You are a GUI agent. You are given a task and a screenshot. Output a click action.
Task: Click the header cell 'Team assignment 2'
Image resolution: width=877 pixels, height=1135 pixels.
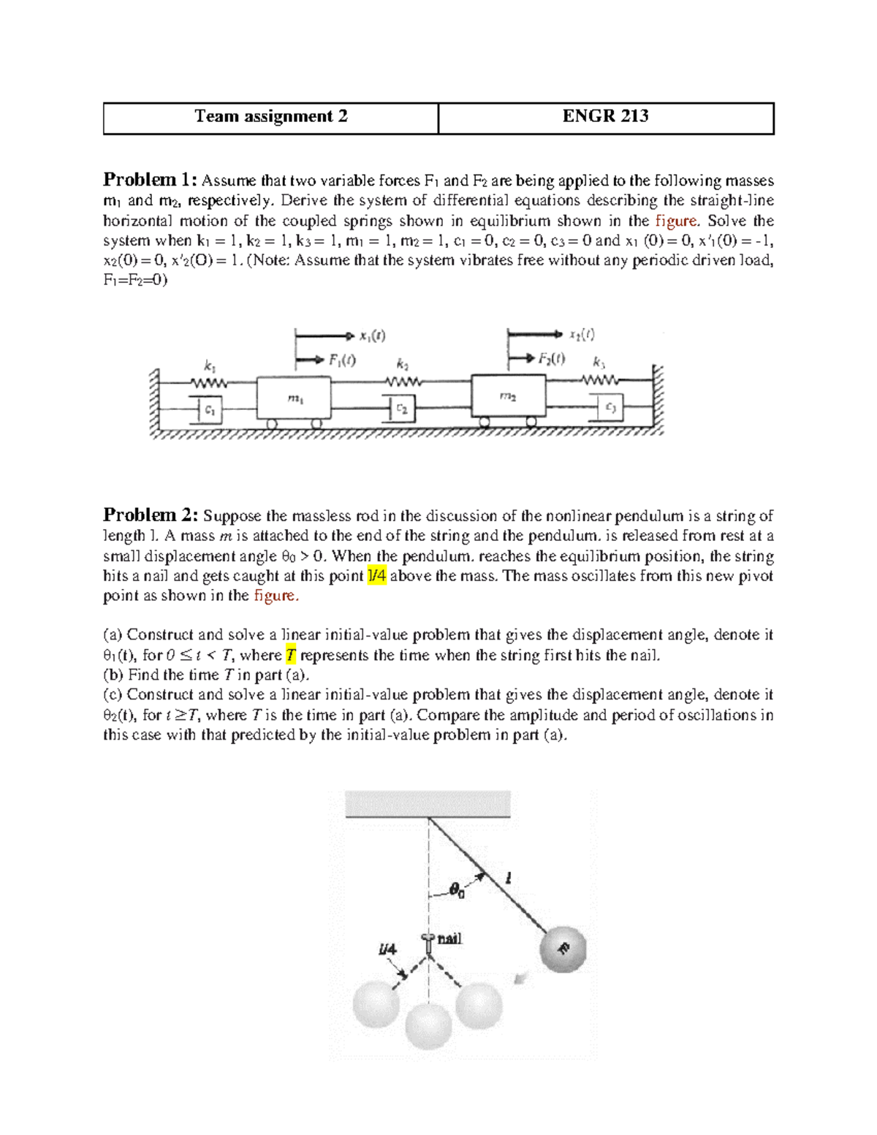(270, 117)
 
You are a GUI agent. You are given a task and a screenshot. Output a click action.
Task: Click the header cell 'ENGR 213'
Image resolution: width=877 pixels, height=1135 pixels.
(605, 117)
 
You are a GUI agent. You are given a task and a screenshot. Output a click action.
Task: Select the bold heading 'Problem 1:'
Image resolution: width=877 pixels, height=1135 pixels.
(150, 180)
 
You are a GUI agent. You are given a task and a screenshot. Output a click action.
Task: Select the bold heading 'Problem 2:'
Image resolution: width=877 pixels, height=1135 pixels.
(150, 515)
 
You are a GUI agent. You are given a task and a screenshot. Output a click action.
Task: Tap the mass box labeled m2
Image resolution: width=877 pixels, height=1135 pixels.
(508, 396)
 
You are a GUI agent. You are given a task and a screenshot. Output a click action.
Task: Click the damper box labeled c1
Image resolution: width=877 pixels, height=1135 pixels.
(209, 410)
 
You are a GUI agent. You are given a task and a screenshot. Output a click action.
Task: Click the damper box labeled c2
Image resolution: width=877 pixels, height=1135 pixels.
(401, 410)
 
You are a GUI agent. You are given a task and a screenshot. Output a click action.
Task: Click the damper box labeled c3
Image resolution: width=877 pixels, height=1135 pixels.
(610, 408)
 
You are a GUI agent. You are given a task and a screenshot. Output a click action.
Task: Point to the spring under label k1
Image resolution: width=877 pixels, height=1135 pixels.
(210, 382)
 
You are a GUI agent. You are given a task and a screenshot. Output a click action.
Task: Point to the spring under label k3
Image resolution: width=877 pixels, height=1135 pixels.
(600, 379)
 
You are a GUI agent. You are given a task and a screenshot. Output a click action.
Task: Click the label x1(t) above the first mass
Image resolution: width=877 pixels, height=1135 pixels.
(372, 336)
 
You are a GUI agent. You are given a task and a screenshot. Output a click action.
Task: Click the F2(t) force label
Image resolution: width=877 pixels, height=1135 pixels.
(552, 358)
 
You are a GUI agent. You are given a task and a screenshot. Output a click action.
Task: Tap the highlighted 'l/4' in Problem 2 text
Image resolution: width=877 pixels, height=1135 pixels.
(376, 576)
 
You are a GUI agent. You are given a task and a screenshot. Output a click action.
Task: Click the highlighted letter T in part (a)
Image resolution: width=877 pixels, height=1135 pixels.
(291, 656)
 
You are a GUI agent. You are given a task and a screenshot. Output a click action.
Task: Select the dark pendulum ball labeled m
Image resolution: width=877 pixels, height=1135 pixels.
(563, 950)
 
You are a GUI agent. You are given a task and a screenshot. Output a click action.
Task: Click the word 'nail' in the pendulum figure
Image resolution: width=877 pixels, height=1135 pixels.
(449, 939)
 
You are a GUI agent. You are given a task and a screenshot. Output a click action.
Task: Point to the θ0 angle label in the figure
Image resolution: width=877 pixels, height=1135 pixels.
(457, 889)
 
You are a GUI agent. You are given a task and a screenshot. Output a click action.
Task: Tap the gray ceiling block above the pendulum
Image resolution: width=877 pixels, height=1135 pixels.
(428, 804)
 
